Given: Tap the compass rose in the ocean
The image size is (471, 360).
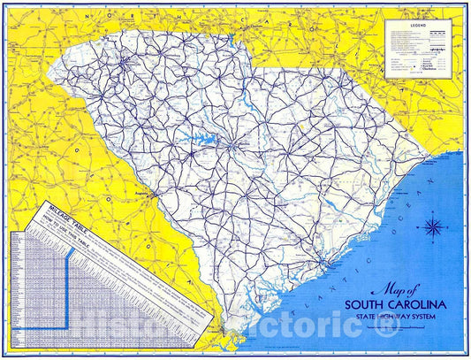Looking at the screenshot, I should (x=434, y=226).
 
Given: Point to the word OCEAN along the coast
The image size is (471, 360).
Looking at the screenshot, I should (x=416, y=191).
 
